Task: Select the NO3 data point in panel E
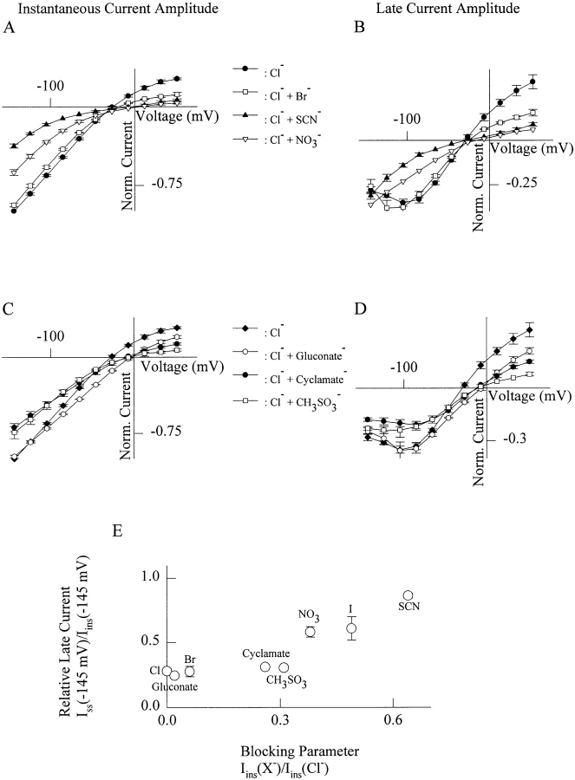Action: pyautogui.click(x=310, y=632)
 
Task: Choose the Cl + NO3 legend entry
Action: pyautogui.click(x=277, y=139)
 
